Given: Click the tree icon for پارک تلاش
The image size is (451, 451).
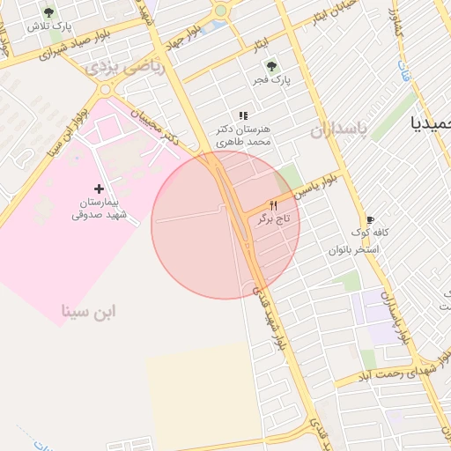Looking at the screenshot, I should pos(48,12).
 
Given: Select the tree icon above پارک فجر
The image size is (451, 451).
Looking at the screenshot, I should pos(270,65).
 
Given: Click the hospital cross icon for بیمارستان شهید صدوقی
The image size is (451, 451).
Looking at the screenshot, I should pos(99,189).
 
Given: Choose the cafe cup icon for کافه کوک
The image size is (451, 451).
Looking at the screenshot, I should pos(370,220).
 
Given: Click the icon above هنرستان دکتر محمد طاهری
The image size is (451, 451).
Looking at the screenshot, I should pos(244,115).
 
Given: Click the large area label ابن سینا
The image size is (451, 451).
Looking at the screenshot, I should pos(90,311).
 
